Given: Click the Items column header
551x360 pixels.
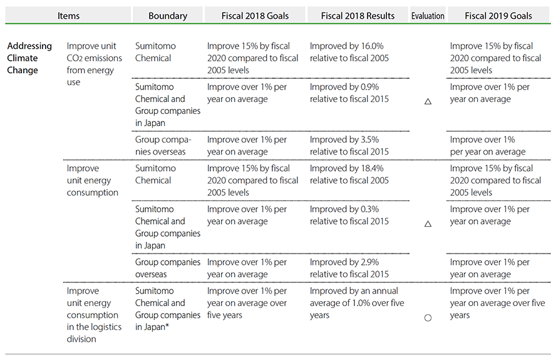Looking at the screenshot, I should tap(68, 16).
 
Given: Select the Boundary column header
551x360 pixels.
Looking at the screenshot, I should tap(168, 16).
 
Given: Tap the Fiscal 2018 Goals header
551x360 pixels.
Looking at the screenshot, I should tap(255, 16).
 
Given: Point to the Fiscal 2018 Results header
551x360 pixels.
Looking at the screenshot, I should tap(358, 16).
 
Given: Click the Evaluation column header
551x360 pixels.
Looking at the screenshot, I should tap(428, 16).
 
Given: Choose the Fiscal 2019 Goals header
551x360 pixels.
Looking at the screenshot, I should tap(498, 16).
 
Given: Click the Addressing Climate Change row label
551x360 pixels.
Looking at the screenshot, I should tap(29, 58).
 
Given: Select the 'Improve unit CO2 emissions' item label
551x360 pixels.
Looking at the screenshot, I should tap(95, 64).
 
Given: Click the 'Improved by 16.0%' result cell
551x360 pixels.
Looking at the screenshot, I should tap(349, 52).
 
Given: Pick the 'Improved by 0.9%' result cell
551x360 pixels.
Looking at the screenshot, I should tap(349, 93).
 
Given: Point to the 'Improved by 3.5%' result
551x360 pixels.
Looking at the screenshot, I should tap(349, 145).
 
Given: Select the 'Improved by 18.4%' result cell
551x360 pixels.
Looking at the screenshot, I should tap(349, 174).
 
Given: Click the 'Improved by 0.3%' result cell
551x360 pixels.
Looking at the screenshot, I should tap(349, 215).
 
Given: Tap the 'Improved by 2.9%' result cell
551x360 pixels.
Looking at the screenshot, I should tap(349, 268).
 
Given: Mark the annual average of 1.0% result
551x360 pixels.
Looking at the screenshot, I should tap(357, 303).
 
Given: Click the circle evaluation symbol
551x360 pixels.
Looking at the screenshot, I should tap(428, 317).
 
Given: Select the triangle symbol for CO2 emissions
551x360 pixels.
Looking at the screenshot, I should tap(428, 101).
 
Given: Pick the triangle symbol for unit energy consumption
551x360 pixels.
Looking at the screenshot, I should tap(428, 223).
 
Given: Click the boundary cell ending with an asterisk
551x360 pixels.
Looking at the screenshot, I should tap(168, 309).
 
